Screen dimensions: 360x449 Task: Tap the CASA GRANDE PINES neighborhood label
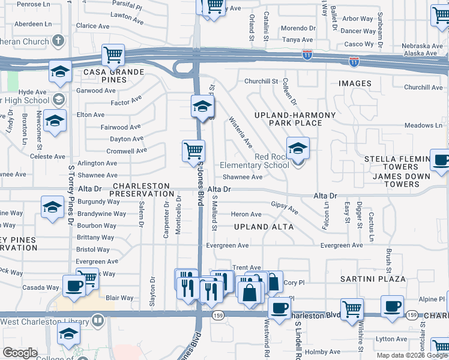pyautogui.click(x=114, y=76)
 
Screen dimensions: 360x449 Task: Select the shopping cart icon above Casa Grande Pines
pyautogui.click(x=113, y=56)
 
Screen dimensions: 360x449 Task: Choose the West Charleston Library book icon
pyautogui.click(x=97, y=320)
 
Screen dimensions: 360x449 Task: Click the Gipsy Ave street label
pyautogui.click(x=285, y=208)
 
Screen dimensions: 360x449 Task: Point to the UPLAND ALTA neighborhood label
pyautogui.click(x=264, y=227)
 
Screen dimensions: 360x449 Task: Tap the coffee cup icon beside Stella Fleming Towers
pyautogui.click(x=441, y=161)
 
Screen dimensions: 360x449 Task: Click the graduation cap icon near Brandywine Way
pyautogui.click(x=53, y=207)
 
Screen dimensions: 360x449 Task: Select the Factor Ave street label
pyautogui.click(x=126, y=101)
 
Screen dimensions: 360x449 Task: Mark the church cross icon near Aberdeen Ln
pyautogui.click(x=58, y=41)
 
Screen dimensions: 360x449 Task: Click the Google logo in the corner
pyautogui.click(x=20, y=353)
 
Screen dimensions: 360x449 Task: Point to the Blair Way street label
pyautogui.click(x=119, y=298)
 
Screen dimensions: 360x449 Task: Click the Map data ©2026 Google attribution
pyautogui.click(x=411, y=355)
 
